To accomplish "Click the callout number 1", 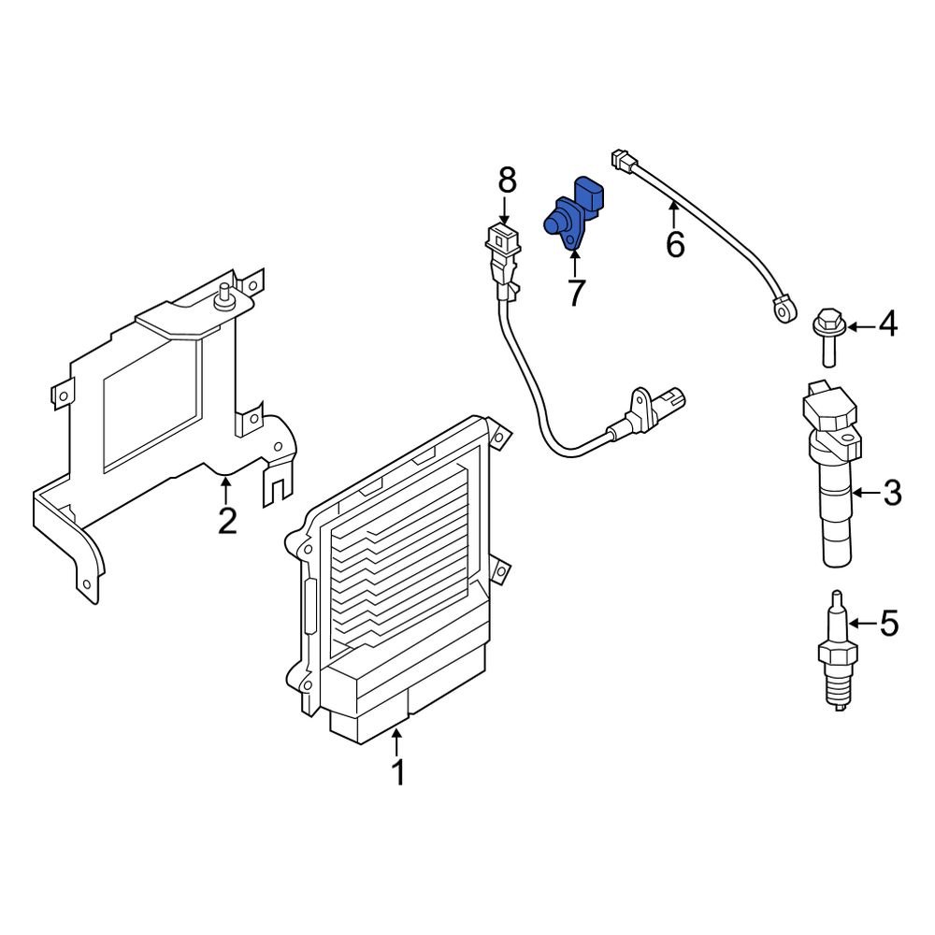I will point(397,773).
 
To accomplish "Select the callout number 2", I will point(227,520).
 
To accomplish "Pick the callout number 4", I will point(886,325).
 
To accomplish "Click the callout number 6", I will point(675,245).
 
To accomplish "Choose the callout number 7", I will point(574,293).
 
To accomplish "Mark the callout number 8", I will point(506,178).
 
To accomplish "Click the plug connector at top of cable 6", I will point(623,163).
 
